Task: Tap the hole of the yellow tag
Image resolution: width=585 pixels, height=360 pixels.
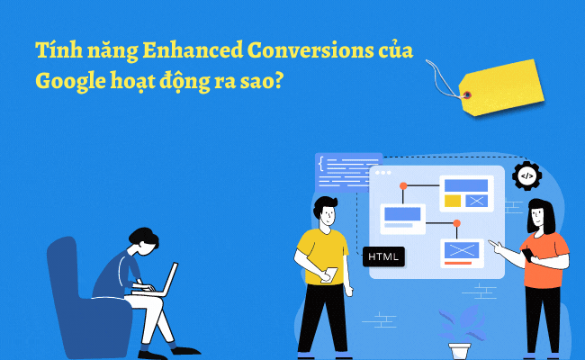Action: [x=466, y=94]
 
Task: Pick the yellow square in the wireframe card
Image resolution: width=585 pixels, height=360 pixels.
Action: [x=453, y=200]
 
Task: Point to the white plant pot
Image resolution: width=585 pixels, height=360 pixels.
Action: [x=460, y=350]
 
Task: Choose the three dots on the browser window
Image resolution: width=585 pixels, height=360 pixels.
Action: [x=382, y=172]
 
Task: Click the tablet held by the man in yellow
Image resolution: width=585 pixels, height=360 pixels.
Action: [x=330, y=274]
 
